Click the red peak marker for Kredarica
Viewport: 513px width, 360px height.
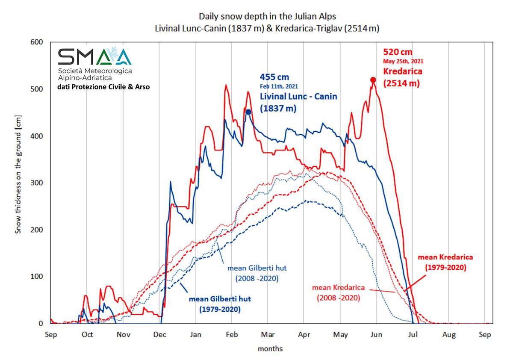pyautogui.click(x=373, y=80)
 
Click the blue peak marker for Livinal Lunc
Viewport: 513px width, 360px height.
pyautogui.click(x=248, y=112)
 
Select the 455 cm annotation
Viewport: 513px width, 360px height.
pyautogui.click(x=274, y=77)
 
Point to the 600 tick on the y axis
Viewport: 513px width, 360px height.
pyautogui.click(x=38, y=42)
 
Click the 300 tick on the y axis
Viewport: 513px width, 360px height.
pyautogui.click(x=38, y=183)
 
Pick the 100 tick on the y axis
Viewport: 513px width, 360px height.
pyautogui.click(x=38, y=277)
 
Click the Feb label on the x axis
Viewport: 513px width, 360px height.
pyautogui.click(x=232, y=335)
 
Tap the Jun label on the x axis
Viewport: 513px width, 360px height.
pyautogui.click(x=376, y=335)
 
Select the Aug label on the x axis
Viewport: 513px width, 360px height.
pyautogui.click(x=449, y=335)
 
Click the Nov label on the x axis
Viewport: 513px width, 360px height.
pyautogui.click(x=123, y=335)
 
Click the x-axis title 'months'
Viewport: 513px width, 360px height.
pyautogui.click(x=270, y=349)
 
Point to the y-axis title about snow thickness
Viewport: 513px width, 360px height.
pyautogui.click(x=18, y=174)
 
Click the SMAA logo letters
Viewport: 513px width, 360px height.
pyautogui.click(x=94, y=57)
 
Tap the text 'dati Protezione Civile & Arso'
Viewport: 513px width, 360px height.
pyautogui.click(x=104, y=87)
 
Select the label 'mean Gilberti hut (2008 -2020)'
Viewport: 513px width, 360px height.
pyautogui.click(x=256, y=273)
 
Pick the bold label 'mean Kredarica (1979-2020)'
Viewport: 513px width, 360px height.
pyautogui.click(x=445, y=262)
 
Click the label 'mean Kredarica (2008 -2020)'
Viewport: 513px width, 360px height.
pyautogui.click(x=338, y=292)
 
